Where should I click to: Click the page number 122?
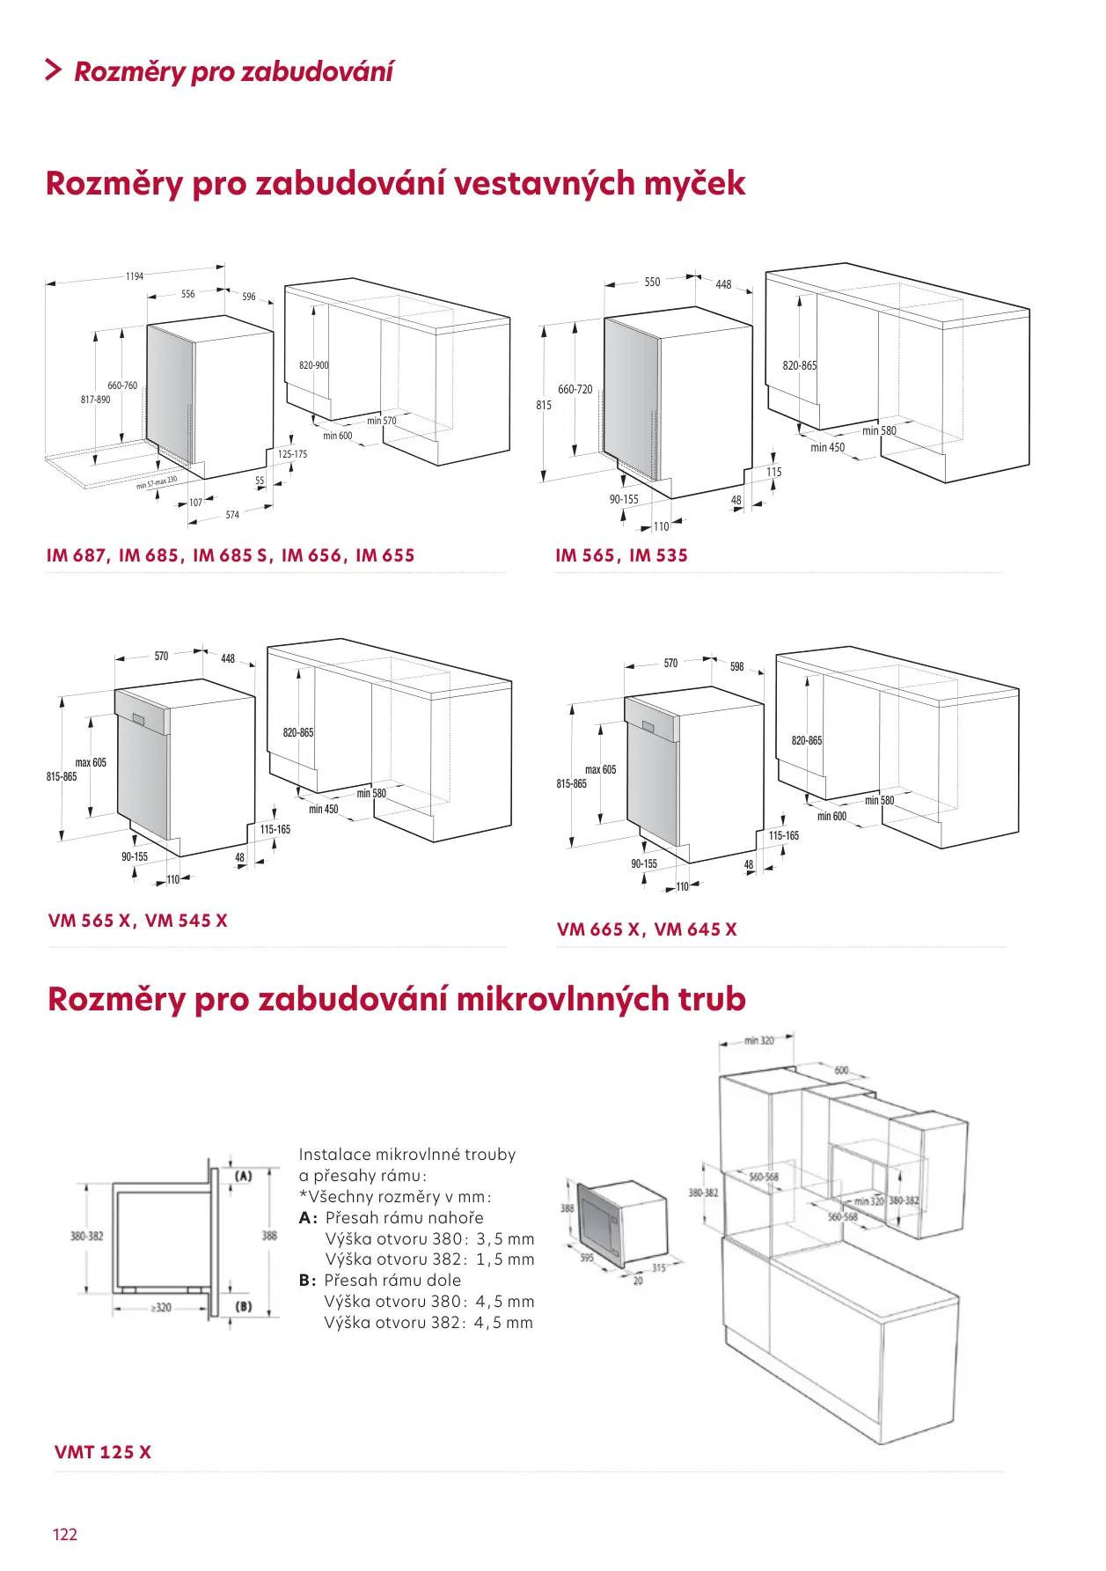(65, 1534)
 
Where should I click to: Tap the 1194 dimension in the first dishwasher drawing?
(135, 276)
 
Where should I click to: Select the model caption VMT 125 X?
(103, 1452)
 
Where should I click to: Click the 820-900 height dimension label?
(314, 365)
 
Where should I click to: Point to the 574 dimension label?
(232, 515)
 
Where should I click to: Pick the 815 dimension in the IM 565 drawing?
(544, 405)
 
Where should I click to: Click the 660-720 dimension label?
(575, 389)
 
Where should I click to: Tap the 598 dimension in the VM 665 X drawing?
(737, 666)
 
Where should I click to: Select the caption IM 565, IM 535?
(621, 555)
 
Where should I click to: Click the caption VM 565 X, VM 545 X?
(138, 921)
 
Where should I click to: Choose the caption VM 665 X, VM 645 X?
(647, 929)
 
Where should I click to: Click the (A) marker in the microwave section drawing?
(244, 1176)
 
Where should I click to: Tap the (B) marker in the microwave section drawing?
(244, 1307)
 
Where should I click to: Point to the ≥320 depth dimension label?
(161, 1308)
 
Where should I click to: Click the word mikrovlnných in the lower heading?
(563, 999)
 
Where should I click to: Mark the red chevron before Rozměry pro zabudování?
(54, 70)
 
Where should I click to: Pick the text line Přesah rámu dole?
(392, 1281)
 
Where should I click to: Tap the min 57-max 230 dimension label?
(157, 482)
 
